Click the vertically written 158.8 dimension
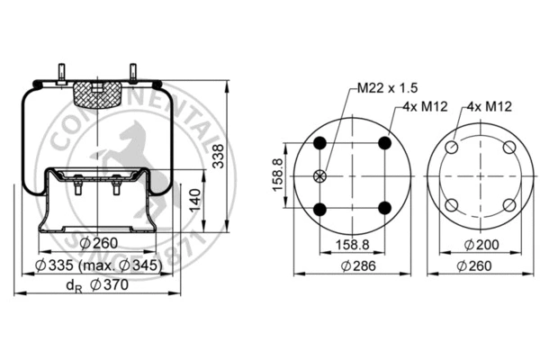(x=278, y=175)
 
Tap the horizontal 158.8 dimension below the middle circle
(x=353, y=244)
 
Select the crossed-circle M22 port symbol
(x=320, y=175)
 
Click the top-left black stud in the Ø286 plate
(x=320, y=142)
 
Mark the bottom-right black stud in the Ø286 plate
(x=385, y=208)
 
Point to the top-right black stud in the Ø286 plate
(x=385, y=142)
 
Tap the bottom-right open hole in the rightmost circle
(x=509, y=204)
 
